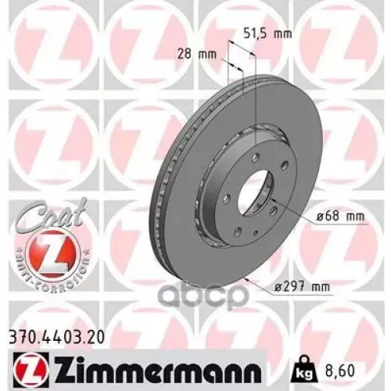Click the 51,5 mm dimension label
[x=257, y=34]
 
